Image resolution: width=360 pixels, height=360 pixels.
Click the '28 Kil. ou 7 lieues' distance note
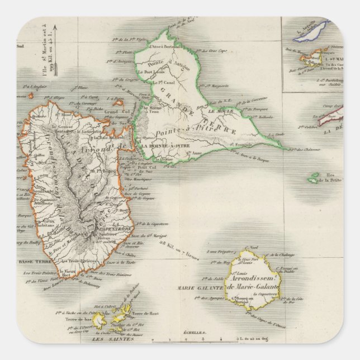(x=173, y=244)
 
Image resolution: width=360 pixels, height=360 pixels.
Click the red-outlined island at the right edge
(x=330, y=117)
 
